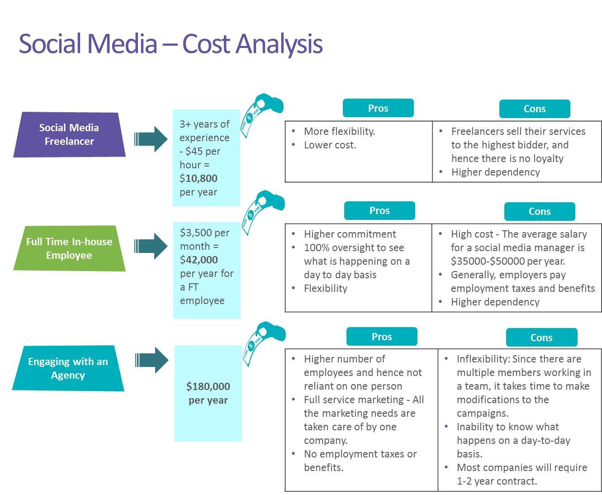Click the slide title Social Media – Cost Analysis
(x=171, y=44)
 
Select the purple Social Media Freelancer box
(x=69, y=134)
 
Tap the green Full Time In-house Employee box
(x=69, y=248)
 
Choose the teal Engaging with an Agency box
(x=68, y=368)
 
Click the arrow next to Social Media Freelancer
(x=151, y=139)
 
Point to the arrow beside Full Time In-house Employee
(x=151, y=246)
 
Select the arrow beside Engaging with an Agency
(x=152, y=360)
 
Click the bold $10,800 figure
(x=199, y=178)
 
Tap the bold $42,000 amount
(x=199, y=260)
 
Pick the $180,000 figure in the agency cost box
(x=208, y=386)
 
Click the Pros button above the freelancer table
(x=378, y=108)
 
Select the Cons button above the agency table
(x=541, y=338)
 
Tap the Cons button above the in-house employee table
(x=540, y=211)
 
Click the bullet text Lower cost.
(x=330, y=145)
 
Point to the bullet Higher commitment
(x=350, y=234)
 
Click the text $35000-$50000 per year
(x=508, y=262)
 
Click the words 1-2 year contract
(x=497, y=481)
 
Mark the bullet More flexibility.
(x=339, y=131)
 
